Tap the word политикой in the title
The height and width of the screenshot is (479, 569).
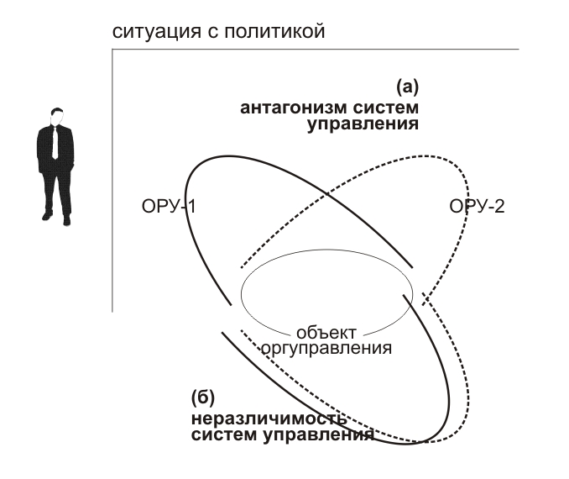(274, 32)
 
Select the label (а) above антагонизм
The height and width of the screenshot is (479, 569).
(407, 87)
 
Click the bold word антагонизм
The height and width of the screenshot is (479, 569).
(294, 108)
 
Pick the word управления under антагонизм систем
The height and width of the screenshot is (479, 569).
(363, 124)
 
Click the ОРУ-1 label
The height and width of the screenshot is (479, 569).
(169, 207)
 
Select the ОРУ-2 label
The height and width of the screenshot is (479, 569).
(477, 207)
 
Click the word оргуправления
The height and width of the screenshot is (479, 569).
(326, 349)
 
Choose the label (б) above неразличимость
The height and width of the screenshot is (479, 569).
(203, 397)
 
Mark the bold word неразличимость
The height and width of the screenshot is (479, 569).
(269, 418)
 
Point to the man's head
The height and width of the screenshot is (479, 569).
(56, 116)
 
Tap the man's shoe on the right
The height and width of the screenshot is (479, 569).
(66, 220)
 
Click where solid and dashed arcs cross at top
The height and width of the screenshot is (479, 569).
(327, 194)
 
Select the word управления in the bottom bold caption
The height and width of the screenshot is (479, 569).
(318, 435)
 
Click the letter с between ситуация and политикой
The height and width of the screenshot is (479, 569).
(212, 33)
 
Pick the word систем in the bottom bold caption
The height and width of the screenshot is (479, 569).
(224, 434)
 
